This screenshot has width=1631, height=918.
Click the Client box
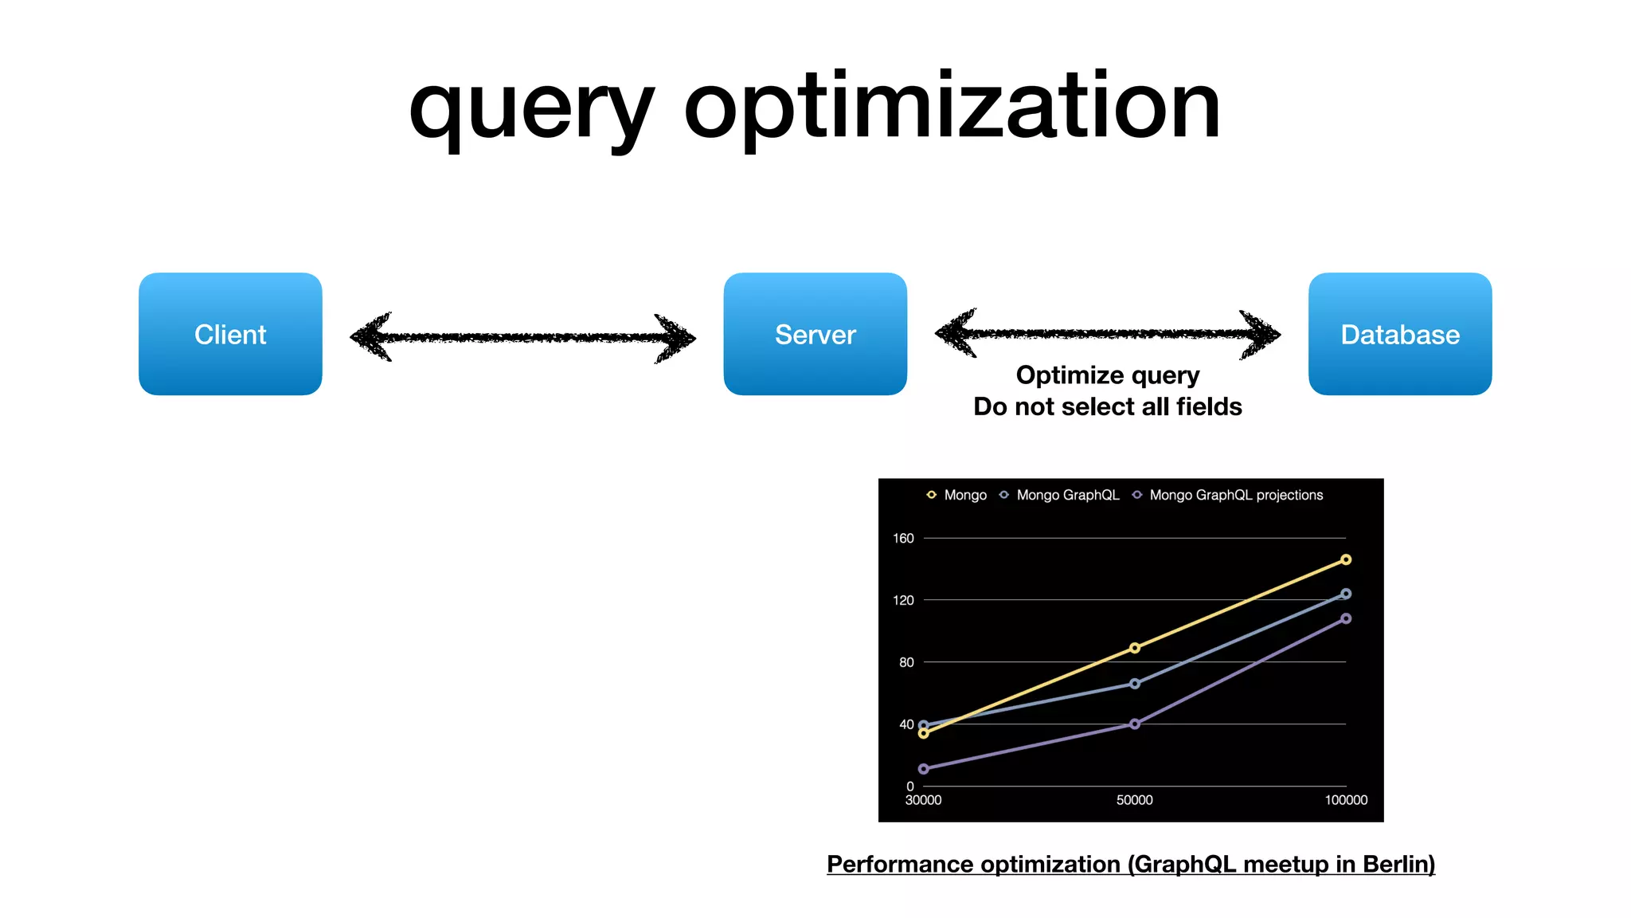pos(230,334)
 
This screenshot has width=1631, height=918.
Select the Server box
pos(815,334)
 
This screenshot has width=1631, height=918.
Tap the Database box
pos(1399,334)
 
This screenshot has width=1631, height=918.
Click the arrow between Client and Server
pos(522,337)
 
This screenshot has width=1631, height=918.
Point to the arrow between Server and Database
pos(1107,333)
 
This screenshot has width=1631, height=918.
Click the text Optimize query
pos(1107,375)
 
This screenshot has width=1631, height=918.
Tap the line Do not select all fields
pos(1107,406)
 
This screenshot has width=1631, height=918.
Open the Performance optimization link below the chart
pos(1130,864)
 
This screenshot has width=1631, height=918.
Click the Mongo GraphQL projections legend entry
pos(1235,495)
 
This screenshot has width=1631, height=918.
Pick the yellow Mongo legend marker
pos(931,495)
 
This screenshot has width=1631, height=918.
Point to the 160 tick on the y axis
pos(903,538)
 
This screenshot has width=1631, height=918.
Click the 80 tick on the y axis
pos(906,662)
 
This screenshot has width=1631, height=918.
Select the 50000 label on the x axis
pos(1134,800)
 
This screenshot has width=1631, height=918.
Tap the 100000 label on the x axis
pos(1346,800)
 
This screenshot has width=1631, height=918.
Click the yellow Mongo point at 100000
pos(1346,559)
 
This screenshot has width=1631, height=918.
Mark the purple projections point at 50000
pos(1135,724)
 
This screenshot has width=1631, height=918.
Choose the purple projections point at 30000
pos(924,769)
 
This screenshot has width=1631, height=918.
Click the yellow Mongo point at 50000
pos(1135,648)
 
